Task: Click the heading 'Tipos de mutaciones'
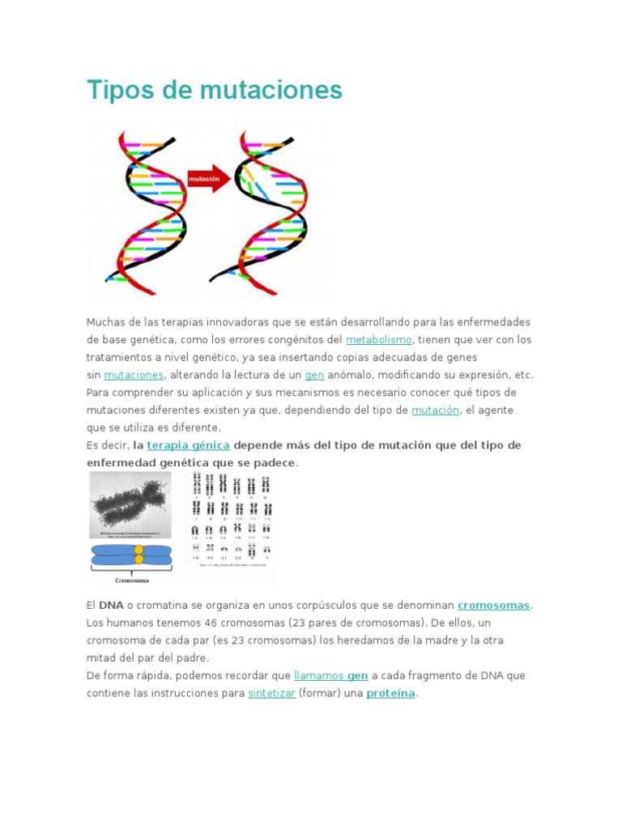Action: pos(214,90)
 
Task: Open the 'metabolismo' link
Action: pos(379,340)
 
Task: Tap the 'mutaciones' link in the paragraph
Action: pos(134,375)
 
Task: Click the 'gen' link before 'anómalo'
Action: pos(314,375)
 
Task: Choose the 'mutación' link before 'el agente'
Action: pos(435,410)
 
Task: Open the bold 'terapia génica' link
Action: pos(188,445)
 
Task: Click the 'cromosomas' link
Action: pos(494,605)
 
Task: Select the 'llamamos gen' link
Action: pos(331,675)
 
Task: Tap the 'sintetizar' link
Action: pos(271,694)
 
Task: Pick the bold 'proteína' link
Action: pos(391,694)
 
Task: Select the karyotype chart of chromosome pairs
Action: pos(232,518)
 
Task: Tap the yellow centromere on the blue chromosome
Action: pos(138,555)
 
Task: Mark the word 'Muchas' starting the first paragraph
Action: pos(105,322)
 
